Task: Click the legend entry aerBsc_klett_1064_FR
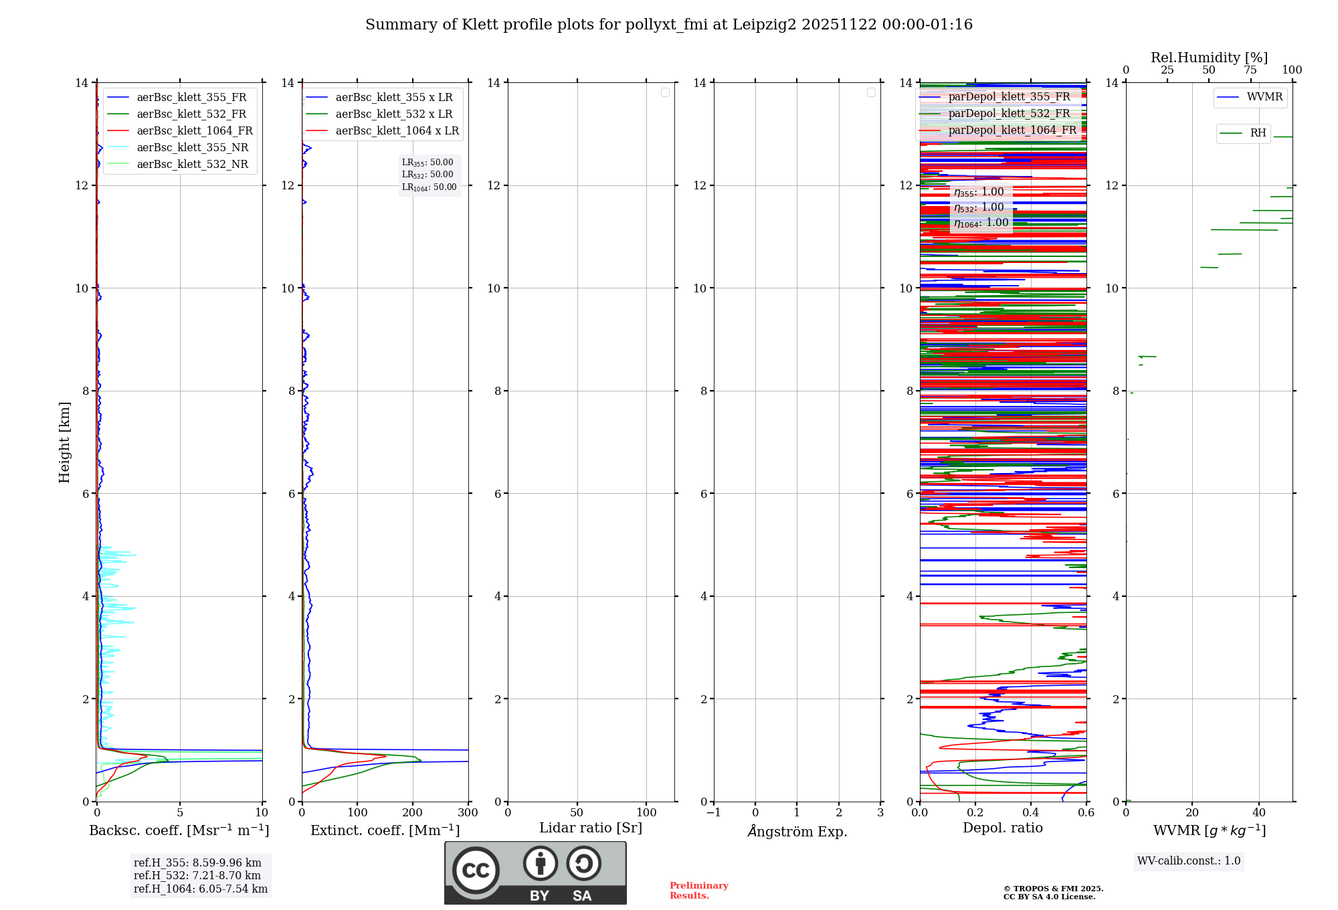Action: coord(194,131)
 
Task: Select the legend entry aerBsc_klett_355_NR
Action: coord(192,148)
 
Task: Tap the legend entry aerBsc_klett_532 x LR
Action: coord(393,114)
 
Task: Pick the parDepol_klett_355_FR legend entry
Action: coord(1009,97)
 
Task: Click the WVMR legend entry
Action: coord(1264,97)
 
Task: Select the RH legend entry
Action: coord(1258,133)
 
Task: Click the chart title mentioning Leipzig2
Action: coord(669,25)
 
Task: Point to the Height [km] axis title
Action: coord(64,442)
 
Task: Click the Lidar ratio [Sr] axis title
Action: coord(591,828)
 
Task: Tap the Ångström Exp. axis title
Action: coord(797,832)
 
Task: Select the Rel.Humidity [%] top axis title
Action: coord(1209,58)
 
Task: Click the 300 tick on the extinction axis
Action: coord(468,813)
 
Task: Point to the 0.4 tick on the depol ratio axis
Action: coord(1031,813)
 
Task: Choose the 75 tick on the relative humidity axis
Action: coord(1250,70)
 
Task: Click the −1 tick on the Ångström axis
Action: coord(714,813)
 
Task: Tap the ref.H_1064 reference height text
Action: coord(201,889)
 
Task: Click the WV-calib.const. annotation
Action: coord(1189,861)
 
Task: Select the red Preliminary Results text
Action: coord(698,891)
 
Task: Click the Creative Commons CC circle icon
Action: coord(476,871)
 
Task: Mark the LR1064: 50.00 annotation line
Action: coord(429,187)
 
